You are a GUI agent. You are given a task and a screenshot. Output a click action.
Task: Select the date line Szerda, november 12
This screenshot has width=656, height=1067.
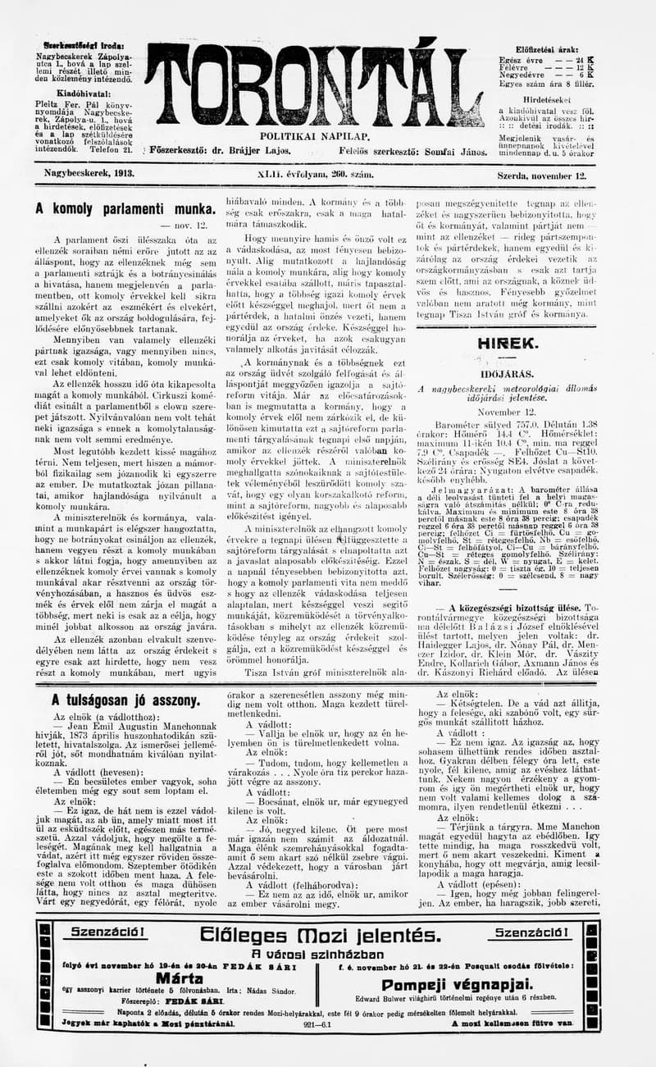tap(542, 176)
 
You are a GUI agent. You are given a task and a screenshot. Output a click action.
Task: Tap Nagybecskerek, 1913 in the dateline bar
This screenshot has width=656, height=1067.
tap(89, 174)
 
